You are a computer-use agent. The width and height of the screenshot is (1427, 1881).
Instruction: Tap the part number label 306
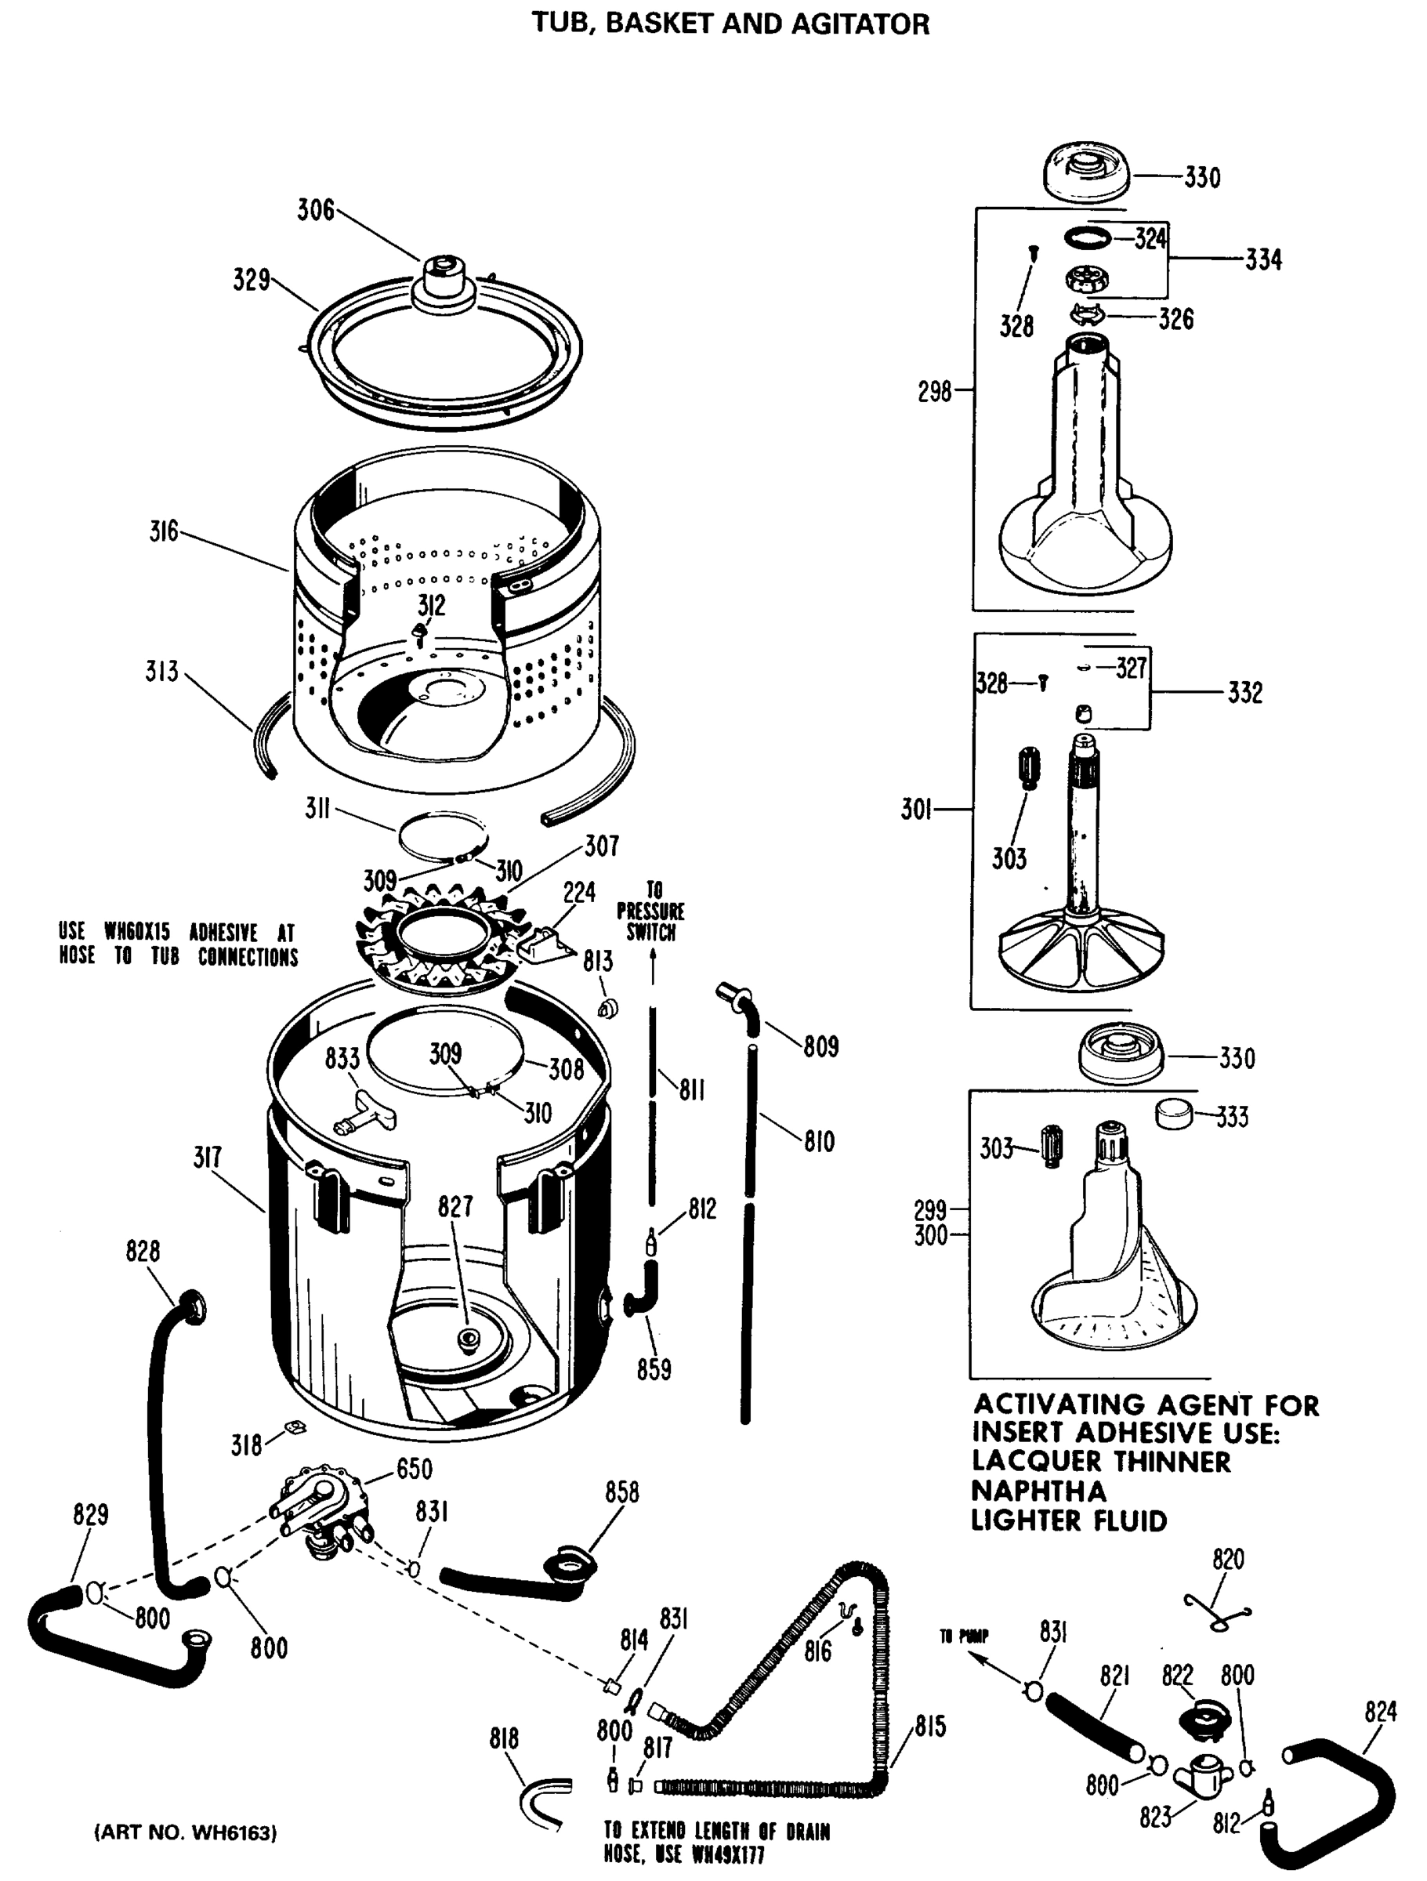point(316,210)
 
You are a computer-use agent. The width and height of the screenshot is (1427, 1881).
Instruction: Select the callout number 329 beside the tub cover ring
point(252,280)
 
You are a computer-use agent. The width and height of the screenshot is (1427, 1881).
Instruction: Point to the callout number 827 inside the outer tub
point(455,1207)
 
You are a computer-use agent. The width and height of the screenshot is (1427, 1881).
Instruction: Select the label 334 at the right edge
point(1263,259)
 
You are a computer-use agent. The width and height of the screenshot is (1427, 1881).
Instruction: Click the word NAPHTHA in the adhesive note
point(1038,1491)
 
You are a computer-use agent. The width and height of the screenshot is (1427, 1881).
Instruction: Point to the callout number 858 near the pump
point(621,1492)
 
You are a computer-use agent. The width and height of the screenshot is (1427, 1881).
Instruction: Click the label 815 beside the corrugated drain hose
point(930,1727)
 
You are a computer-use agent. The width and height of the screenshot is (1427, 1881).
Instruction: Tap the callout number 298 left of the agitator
point(934,392)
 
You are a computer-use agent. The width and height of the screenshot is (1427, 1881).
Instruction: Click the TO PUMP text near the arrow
point(964,1636)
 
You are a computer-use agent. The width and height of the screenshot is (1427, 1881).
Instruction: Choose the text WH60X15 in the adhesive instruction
point(137,932)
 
